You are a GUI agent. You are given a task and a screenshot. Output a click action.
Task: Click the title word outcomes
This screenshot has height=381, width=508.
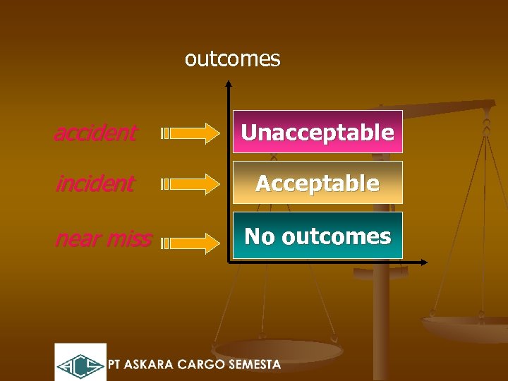[x=232, y=59]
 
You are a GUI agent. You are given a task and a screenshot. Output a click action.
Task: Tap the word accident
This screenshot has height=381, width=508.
[x=95, y=132]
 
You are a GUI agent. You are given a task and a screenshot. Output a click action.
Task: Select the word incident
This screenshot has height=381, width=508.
[x=95, y=183]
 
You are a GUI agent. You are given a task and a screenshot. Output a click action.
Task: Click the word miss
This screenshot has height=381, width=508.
[x=131, y=239]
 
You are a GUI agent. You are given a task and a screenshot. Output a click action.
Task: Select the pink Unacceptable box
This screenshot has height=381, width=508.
[x=317, y=132]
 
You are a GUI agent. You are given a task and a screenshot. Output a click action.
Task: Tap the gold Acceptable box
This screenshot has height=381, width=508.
[x=317, y=183]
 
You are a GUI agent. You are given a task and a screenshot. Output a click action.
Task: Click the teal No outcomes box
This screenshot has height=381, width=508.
[x=317, y=236]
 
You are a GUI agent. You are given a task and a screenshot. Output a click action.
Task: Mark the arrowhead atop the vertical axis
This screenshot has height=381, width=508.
[x=229, y=84]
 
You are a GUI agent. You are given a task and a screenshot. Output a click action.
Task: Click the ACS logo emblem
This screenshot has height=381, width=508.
[x=80, y=363]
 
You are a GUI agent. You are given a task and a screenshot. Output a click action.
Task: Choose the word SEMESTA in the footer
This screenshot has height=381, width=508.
[x=258, y=365]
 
